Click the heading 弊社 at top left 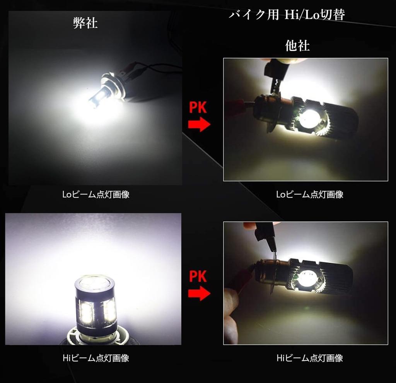[85, 23]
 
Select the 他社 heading [297, 46]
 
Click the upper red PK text [198, 108]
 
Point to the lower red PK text [198, 277]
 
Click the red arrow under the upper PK [199, 124]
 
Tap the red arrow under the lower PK [199, 293]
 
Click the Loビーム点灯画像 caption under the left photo [96, 195]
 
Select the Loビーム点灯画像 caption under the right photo [310, 195]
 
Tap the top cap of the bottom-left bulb [95, 284]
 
